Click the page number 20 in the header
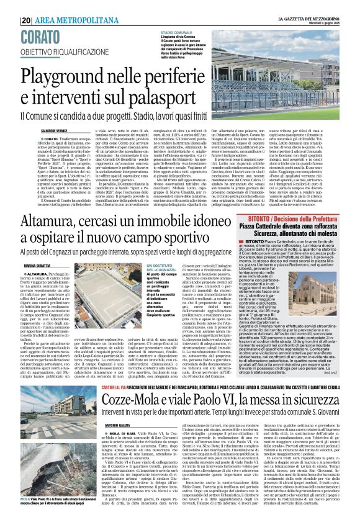[x=25, y=5]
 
